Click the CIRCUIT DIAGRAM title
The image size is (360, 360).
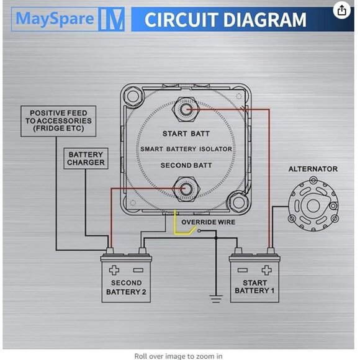225,19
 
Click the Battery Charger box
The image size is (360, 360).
86,159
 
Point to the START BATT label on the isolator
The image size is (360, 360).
186,133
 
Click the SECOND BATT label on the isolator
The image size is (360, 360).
186,166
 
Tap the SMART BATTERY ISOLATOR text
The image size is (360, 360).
186,150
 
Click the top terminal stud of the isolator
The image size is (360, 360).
186,109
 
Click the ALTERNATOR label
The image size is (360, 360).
313,169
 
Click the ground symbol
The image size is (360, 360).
216,299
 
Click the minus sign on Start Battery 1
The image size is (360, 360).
243,270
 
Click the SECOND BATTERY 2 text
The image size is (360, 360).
127,287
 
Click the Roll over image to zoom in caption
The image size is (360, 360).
178,356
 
